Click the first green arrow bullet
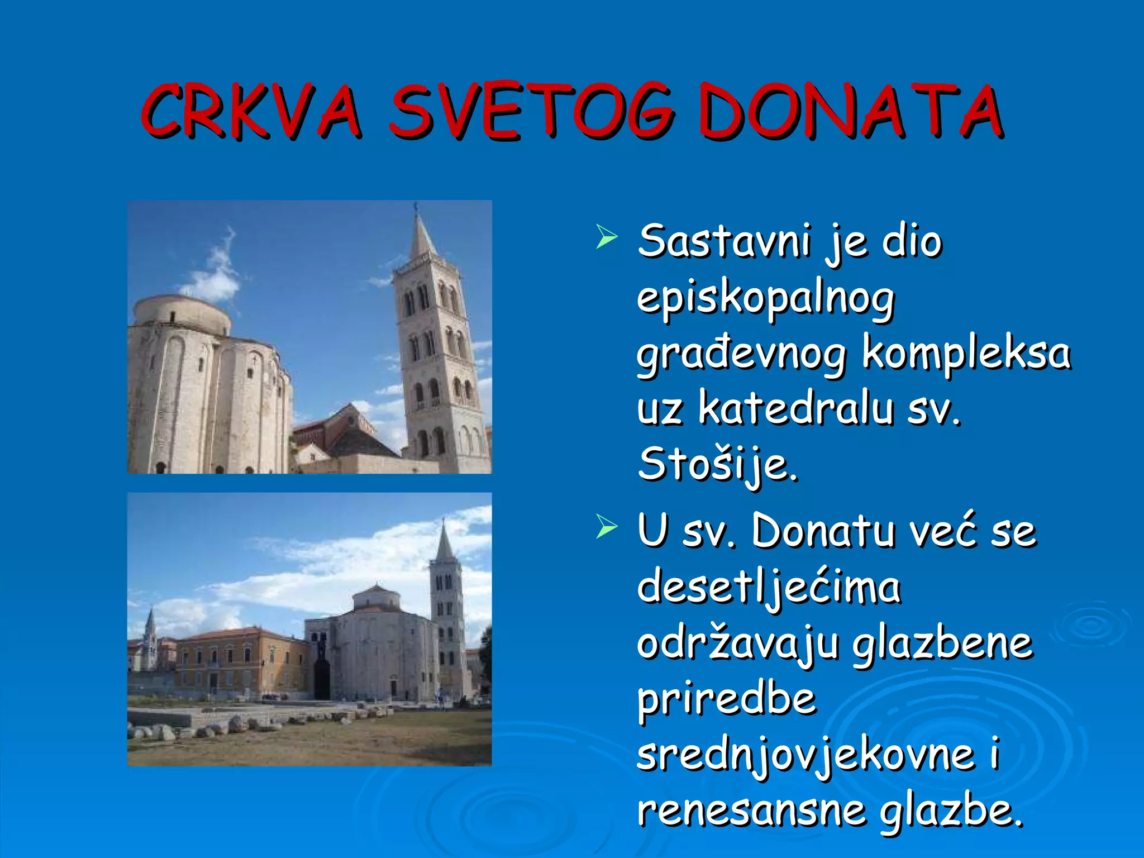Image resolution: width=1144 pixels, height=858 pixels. pyautogui.click(x=606, y=237)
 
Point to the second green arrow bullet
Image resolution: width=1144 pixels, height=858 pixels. pyautogui.click(x=606, y=526)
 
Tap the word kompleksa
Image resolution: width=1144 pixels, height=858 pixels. pyautogui.click(x=966, y=354)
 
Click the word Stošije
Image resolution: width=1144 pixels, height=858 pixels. pyautogui.click(x=717, y=465)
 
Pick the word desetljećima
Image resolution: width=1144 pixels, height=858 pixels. pyautogui.click(x=769, y=588)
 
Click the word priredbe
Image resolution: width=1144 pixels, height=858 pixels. pyautogui.click(x=726, y=699)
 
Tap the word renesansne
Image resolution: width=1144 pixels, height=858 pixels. pyautogui.click(x=752, y=810)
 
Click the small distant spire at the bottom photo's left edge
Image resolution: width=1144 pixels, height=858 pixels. pyautogui.click(x=150, y=628)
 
